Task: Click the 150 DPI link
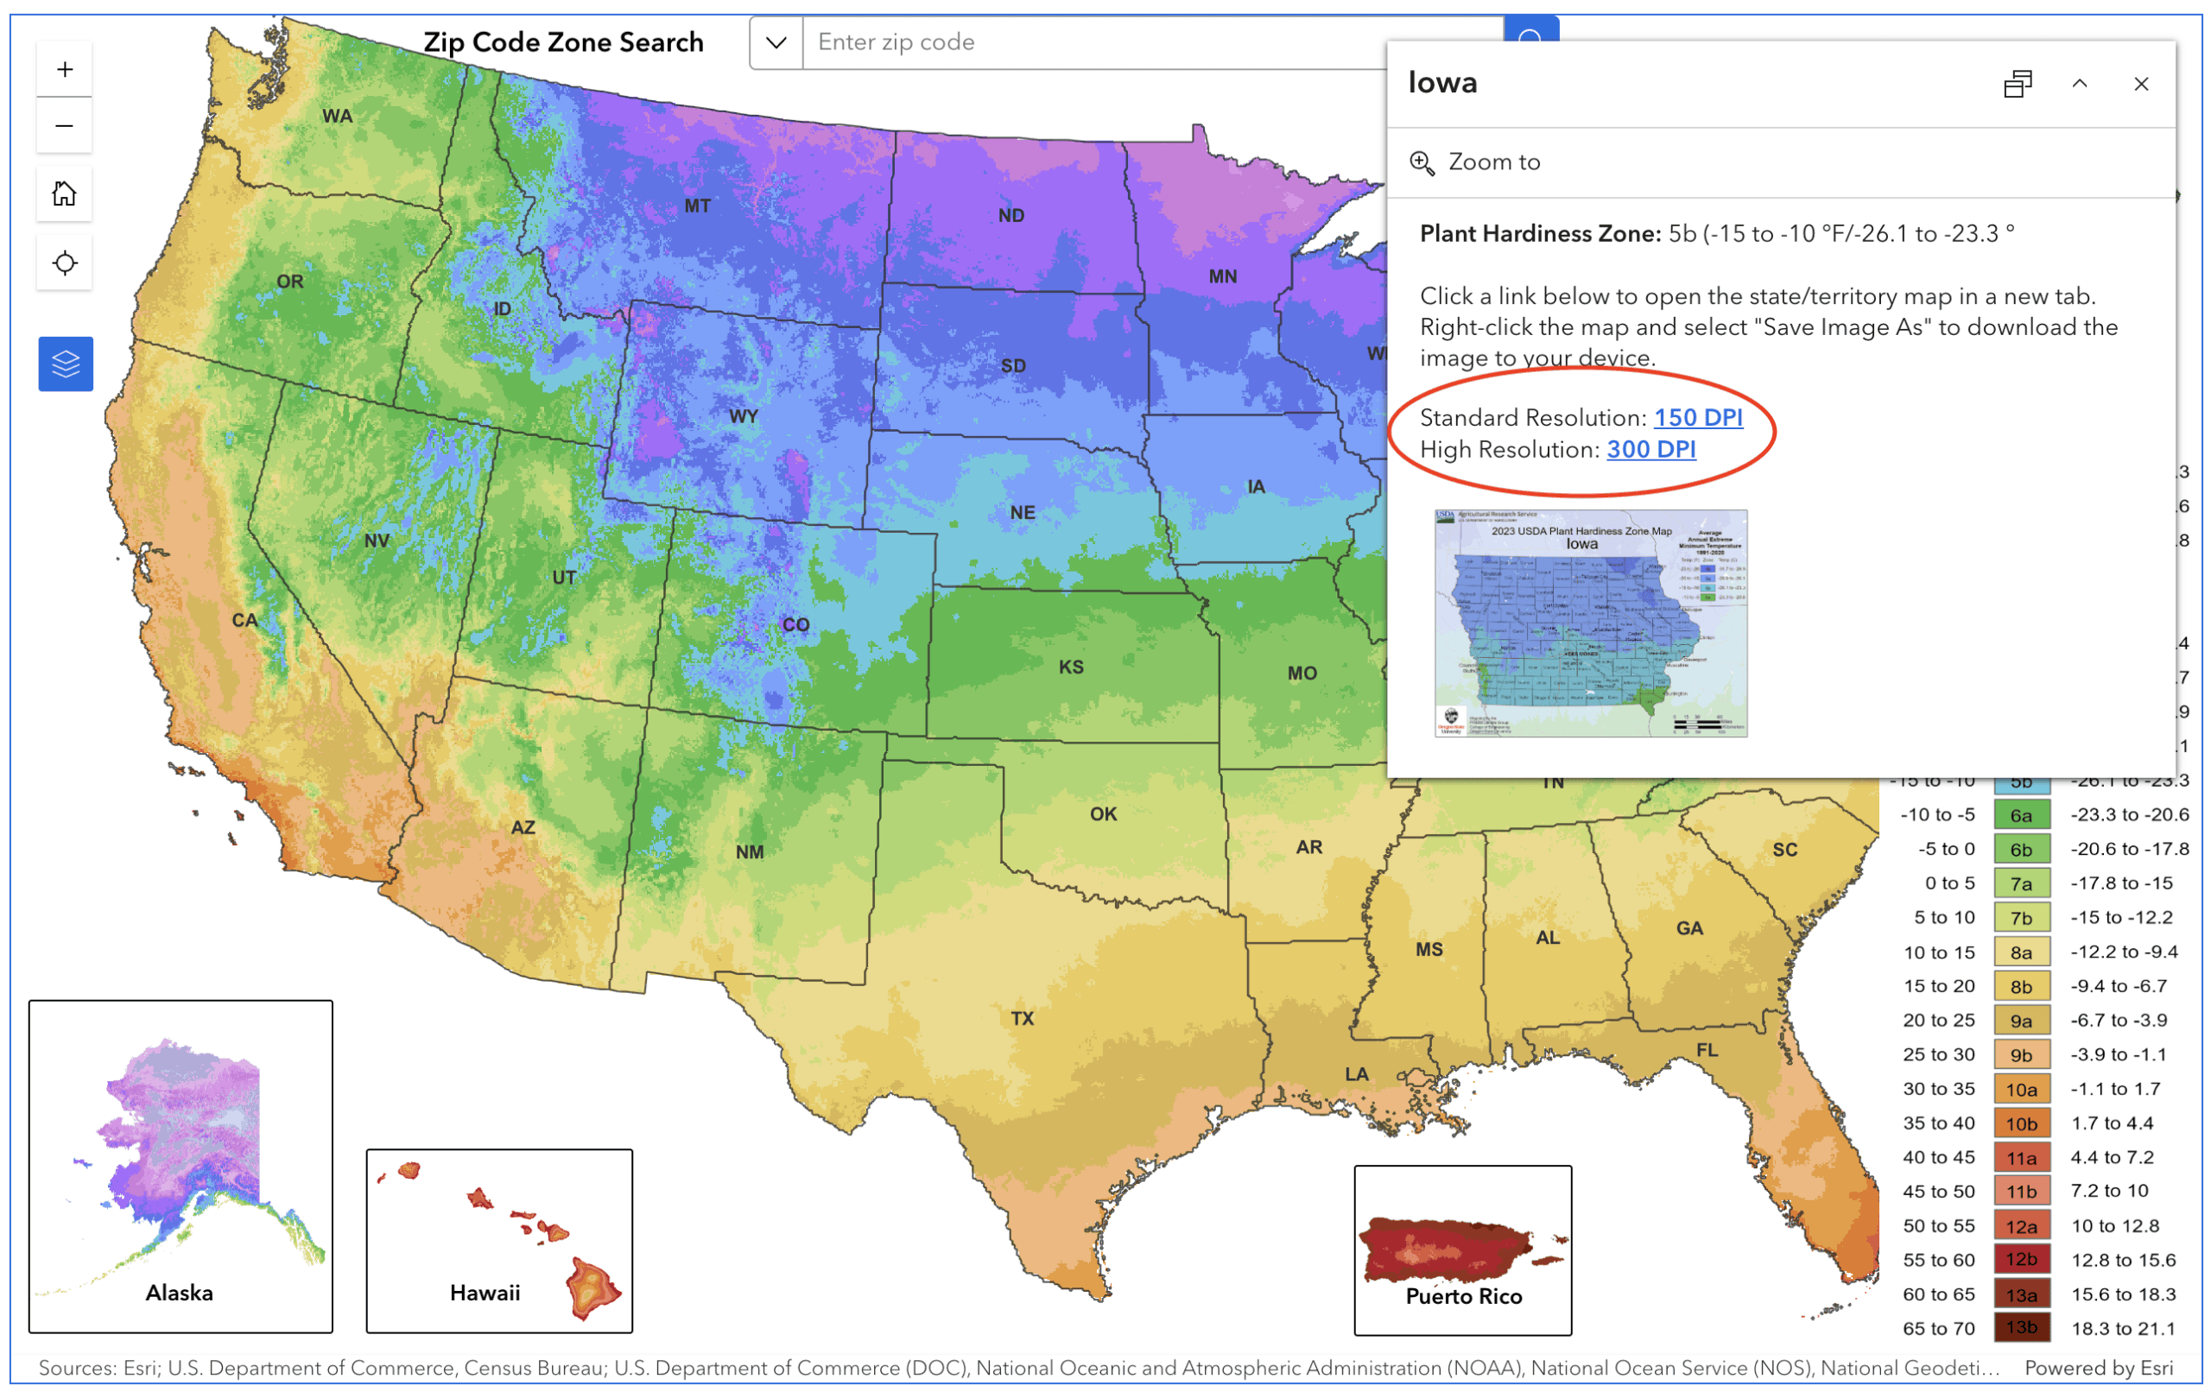pyautogui.click(x=1698, y=418)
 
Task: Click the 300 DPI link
pyautogui.click(x=1650, y=450)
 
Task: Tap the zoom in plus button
pyautogui.click(x=64, y=70)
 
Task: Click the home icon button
pyautogui.click(x=64, y=194)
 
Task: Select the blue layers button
pyautogui.click(x=65, y=364)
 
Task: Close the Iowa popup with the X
pyautogui.click(x=2140, y=85)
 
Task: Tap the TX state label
pyautogui.click(x=1022, y=1018)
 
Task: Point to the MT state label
pyautogui.click(x=697, y=206)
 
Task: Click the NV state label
pyautogui.click(x=377, y=541)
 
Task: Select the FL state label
pyautogui.click(x=1706, y=1050)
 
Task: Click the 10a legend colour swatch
pyautogui.click(x=2021, y=1090)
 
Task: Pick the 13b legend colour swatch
pyautogui.click(x=2021, y=1327)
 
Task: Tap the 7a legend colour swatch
pyautogui.click(x=2021, y=884)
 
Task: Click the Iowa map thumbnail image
pyautogui.click(x=1590, y=623)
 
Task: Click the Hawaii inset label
pyautogui.click(x=485, y=1293)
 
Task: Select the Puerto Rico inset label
pyautogui.click(x=1464, y=1296)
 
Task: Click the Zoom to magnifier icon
pyautogui.click(x=1422, y=163)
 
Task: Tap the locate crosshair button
pyautogui.click(x=64, y=263)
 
